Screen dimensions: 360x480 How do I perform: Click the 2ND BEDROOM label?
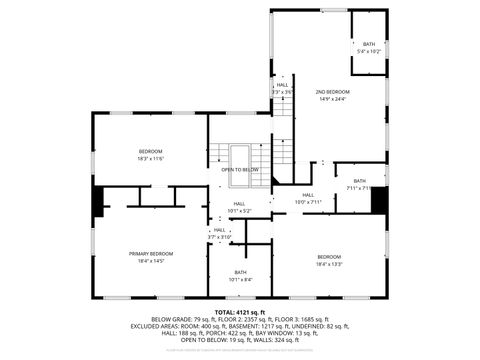point(333,91)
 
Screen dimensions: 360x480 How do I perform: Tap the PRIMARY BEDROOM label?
point(151,254)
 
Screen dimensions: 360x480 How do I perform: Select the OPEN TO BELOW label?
point(240,170)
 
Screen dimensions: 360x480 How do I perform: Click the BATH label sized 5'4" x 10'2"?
point(369,44)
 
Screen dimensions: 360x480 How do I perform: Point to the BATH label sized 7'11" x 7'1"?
point(359,181)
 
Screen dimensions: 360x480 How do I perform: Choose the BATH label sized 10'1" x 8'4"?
point(240,272)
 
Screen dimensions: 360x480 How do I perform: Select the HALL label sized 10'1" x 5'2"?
point(239,206)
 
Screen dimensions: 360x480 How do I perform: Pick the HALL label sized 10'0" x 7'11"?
point(307,195)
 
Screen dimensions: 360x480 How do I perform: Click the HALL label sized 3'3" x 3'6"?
point(282,85)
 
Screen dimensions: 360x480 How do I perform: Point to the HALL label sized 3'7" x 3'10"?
point(220,230)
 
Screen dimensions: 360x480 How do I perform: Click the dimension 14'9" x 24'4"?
point(333,98)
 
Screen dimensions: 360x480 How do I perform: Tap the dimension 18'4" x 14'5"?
point(151,261)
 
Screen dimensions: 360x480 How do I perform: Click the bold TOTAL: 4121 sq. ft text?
point(240,313)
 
